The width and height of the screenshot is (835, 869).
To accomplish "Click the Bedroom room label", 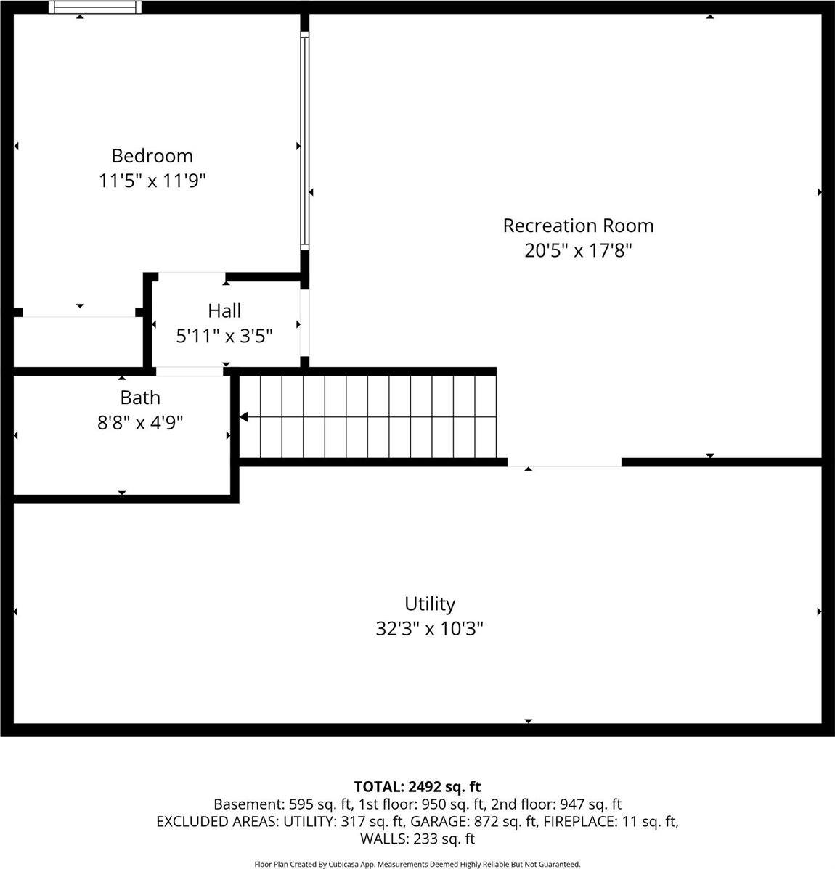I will [x=152, y=156].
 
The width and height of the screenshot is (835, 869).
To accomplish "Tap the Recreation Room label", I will [x=578, y=226].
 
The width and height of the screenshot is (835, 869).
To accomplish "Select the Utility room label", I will [x=430, y=604].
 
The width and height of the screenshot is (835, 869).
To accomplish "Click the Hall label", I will [x=224, y=311].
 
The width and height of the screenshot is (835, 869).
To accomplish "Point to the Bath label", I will [x=140, y=398].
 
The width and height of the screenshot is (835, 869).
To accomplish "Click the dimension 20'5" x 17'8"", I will [x=578, y=251].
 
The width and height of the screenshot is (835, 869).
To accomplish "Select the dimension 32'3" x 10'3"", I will [x=430, y=628].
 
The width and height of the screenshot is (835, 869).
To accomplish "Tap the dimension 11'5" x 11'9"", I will [x=152, y=181].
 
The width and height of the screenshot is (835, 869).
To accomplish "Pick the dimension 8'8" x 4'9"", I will [x=140, y=422].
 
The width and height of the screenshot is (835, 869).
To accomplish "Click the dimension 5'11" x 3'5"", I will [x=224, y=336].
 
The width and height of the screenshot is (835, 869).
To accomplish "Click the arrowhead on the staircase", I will [x=245, y=417].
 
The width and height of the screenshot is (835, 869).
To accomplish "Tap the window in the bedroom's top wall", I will [x=94, y=7].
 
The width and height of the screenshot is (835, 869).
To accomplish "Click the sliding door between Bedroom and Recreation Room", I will [x=305, y=141].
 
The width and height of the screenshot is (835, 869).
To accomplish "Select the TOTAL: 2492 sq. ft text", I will [x=417, y=786].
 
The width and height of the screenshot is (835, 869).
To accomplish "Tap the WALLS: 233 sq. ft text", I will [x=417, y=839].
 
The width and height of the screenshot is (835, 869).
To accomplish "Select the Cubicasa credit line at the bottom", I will [x=417, y=864].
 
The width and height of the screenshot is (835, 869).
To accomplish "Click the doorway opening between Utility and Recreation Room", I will [x=564, y=462].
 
